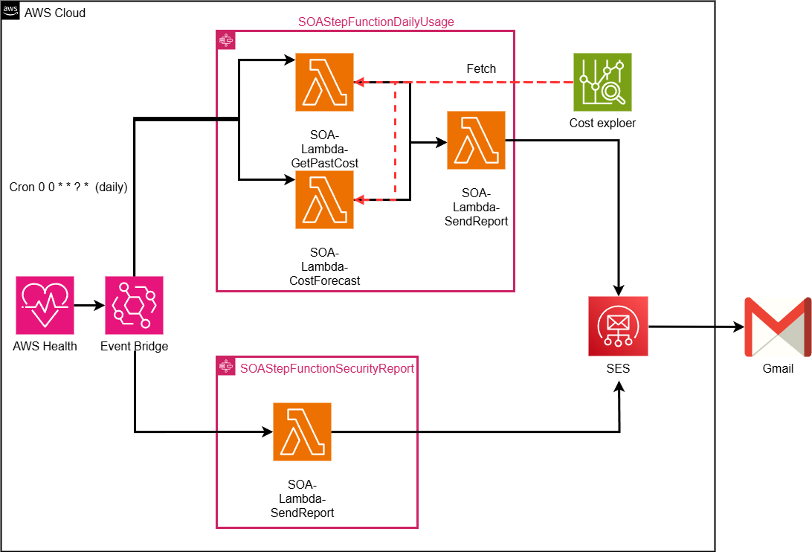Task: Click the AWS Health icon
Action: (x=45, y=305)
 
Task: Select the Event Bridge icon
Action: (x=134, y=305)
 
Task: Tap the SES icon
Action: (x=618, y=326)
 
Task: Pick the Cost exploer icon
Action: (x=602, y=82)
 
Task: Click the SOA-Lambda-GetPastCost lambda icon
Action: (x=324, y=82)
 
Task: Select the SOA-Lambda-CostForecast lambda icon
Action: (x=324, y=199)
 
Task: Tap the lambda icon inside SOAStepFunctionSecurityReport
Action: (x=302, y=431)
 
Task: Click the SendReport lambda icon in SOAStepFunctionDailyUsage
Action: (x=476, y=140)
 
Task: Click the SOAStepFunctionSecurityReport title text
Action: (x=326, y=368)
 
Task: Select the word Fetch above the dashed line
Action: (x=481, y=68)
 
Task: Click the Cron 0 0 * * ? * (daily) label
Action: (x=68, y=187)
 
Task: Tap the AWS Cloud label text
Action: (x=55, y=13)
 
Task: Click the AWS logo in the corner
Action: (x=10, y=10)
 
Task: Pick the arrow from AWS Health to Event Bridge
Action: (x=89, y=305)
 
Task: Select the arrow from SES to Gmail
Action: (x=695, y=326)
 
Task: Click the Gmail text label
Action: (x=778, y=368)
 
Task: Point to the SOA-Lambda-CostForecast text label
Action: (x=324, y=266)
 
